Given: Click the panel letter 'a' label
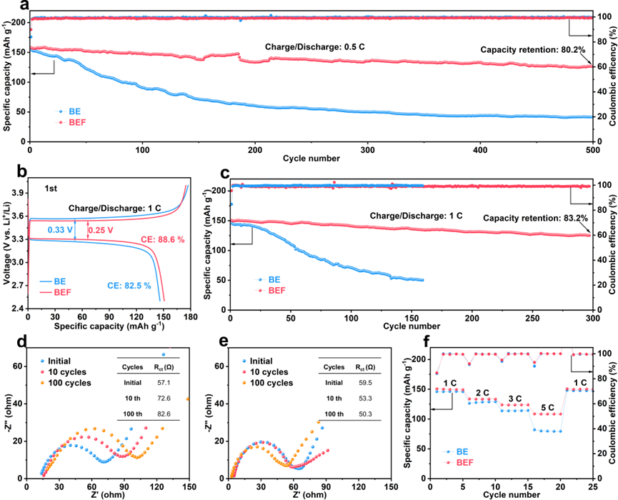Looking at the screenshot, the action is pos(25,5).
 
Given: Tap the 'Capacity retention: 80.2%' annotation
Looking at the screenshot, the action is pos(533,50).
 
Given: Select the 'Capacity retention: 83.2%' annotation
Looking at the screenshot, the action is pos(535,218).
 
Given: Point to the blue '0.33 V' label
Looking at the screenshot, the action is pos(60,230).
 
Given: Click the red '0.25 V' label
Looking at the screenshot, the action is pos(101,230).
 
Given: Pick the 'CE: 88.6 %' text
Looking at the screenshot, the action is pos(163,239).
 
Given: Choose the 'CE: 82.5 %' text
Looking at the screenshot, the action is pos(129,286).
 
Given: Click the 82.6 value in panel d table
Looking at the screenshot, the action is pos(164,414).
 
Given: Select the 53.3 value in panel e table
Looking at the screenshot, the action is pos(365,399).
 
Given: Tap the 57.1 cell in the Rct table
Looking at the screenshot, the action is pos(164,383).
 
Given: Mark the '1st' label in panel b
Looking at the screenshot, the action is pos(51,189).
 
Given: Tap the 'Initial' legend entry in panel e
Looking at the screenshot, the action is pos(261,361).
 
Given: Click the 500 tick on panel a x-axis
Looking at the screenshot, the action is pos(592,150).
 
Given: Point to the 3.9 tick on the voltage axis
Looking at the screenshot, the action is pos(17,193).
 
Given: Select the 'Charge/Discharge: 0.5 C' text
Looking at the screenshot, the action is pos(315,47).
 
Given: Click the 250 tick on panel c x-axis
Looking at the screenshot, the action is pos(532,318).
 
